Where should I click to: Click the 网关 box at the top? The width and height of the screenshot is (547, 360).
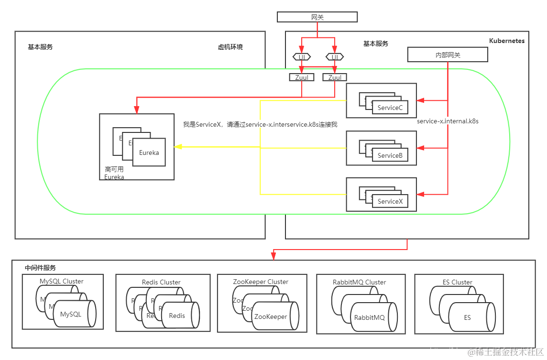[x=317, y=17]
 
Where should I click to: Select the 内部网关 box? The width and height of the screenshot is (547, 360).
[x=448, y=55]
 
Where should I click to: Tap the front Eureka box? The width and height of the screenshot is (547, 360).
[x=149, y=153]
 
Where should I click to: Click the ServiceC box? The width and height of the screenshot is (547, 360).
[x=390, y=108]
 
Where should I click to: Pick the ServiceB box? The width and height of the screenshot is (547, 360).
[x=390, y=155]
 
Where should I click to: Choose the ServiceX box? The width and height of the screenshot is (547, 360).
[x=390, y=201]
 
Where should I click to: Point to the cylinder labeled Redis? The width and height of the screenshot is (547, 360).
[x=177, y=316]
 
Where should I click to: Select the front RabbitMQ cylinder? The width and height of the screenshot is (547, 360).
[x=369, y=317]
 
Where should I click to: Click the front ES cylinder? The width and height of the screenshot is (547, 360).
[x=467, y=317]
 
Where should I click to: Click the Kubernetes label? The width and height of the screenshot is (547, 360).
[x=506, y=41]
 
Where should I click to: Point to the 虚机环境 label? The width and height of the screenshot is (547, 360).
[x=230, y=47]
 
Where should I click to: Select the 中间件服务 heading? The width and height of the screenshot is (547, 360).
[x=40, y=268]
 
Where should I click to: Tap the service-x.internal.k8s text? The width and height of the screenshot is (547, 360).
[x=448, y=121]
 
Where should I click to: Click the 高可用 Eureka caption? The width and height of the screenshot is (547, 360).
[x=114, y=173]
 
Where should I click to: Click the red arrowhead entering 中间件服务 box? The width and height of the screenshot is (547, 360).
[x=273, y=257]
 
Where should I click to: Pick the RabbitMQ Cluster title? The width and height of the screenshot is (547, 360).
[x=359, y=282]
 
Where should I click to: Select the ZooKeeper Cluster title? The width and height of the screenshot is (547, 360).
[x=261, y=282]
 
